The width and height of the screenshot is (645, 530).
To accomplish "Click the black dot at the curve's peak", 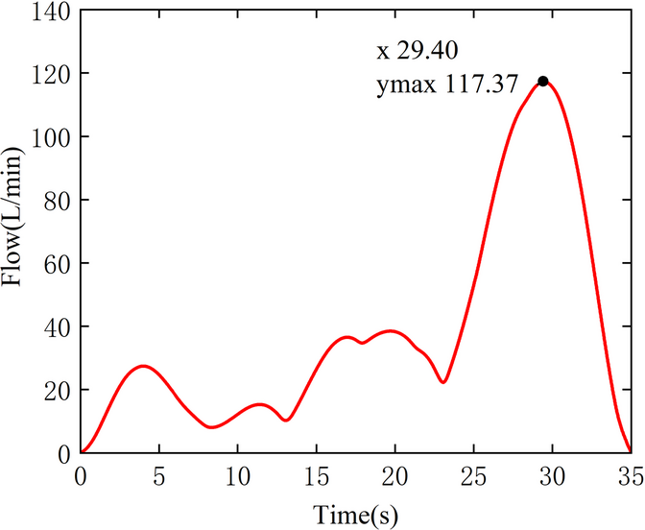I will [x=542, y=82].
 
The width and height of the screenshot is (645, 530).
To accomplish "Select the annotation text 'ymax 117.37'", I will [x=446, y=86].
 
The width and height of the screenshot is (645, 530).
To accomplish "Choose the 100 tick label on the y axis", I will [x=55, y=137].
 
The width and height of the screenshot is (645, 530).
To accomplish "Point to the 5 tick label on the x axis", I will [x=159, y=475].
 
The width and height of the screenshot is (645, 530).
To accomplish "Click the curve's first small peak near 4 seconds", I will [x=143, y=366].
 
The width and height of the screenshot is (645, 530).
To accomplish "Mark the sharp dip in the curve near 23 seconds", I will [x=442, y=382].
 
